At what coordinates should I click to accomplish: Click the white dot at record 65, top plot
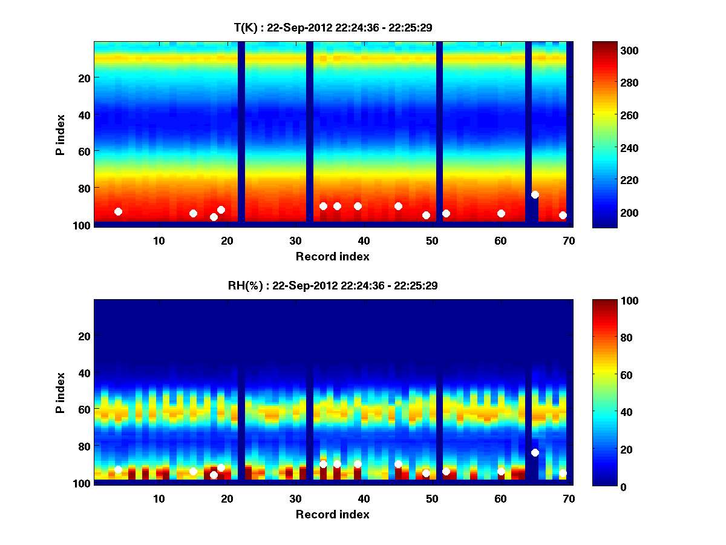click(535, 194)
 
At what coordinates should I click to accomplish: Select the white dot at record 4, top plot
click(118, 211)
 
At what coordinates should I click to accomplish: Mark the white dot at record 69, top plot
click(563, 215)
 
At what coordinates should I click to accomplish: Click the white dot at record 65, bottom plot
click(535, 452)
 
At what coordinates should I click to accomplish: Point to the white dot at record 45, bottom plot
click(398, 464)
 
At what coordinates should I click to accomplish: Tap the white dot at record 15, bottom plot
click(193, 471)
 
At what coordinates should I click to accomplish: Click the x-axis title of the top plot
click(332, 256)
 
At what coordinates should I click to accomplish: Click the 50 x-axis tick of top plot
click(433, 240)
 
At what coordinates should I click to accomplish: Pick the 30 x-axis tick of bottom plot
click(295, 498)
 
